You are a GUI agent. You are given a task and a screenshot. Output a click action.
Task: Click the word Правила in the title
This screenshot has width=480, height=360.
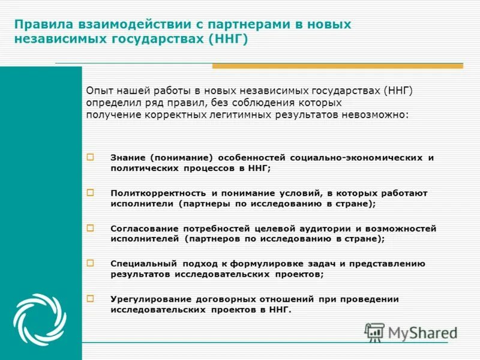(x=42, y=25)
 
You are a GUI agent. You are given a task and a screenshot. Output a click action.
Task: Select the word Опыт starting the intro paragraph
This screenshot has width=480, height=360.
(x=99, y=91)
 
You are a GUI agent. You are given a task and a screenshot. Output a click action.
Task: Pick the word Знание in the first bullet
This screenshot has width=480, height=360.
(x=128, y=157)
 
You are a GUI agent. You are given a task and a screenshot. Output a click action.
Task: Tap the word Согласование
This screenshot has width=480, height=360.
(x=143, y=229)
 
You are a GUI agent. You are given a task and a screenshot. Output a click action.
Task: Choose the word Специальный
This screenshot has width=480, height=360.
(x=143, y=263)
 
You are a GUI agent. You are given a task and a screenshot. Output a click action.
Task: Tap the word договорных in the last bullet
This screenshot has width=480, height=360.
(x=226, y=299)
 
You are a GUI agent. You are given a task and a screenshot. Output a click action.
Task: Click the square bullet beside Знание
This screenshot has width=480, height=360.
(x=91, y=157)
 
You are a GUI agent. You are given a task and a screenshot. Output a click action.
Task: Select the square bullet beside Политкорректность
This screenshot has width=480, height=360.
(x=91, y=193)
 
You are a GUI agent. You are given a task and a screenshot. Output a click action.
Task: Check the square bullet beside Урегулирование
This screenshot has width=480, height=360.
(x=91, y=298)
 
